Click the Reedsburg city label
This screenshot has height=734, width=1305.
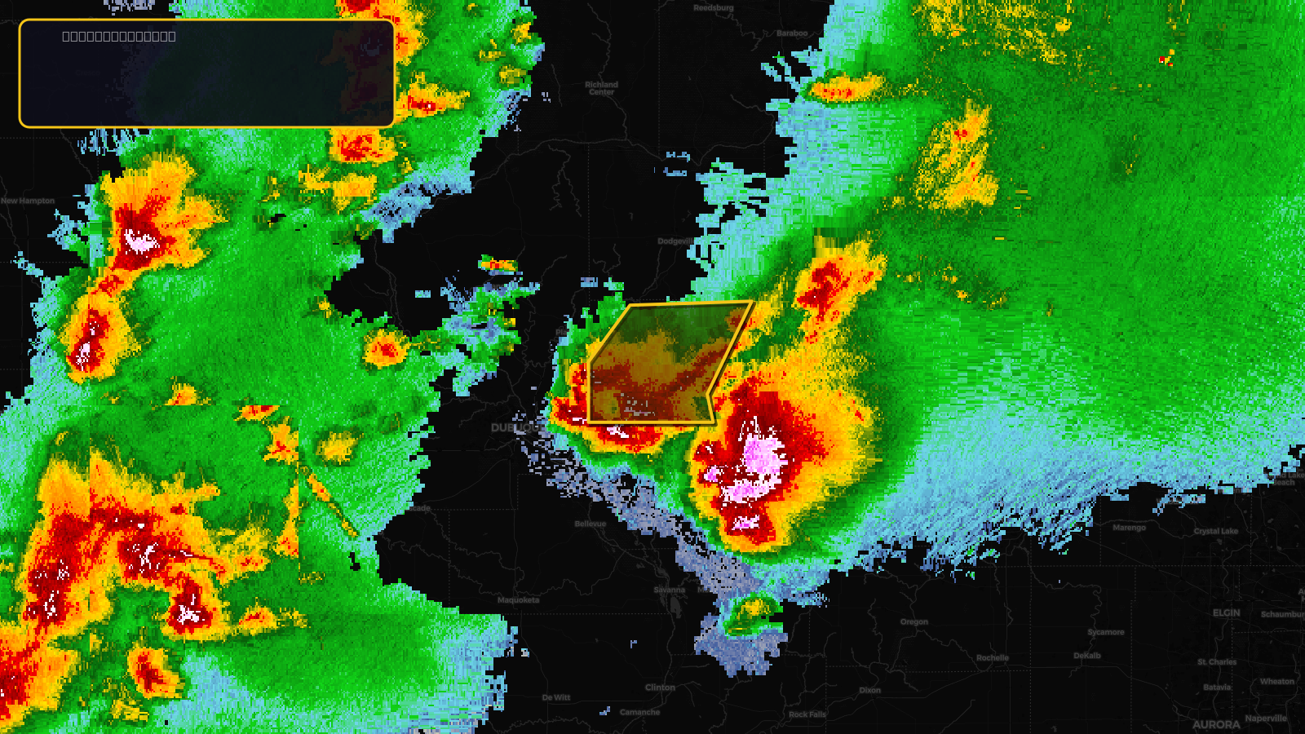coord(714,8)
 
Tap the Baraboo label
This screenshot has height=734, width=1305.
coord(792,33)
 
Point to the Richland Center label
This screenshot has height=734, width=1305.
coord(602,88)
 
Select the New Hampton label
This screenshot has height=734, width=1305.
coord(28,201)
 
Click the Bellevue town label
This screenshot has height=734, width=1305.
coord(590,524)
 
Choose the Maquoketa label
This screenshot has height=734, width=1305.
coord(519,600)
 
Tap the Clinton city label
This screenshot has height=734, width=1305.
coord(660,688)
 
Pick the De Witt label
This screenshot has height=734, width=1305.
coord(556,697)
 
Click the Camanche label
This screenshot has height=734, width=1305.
coord(639,712)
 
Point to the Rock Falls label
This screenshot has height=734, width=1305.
coord(807,714)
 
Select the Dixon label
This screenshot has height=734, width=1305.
coord(869,690)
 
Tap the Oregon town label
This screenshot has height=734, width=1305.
coord(914,621)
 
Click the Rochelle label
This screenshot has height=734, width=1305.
coord(993,657)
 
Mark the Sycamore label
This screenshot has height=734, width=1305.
coord(1106,632)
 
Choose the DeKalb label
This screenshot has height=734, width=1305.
coord(1087,656)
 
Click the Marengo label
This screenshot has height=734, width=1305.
coord(1129,528)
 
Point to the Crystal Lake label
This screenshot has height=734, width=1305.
coord(1216,531)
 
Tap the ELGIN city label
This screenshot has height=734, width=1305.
coord(1226,612)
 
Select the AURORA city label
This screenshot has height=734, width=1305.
coord(1216,724)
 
